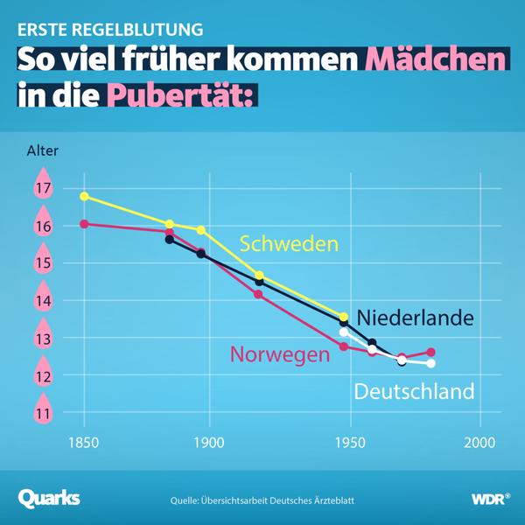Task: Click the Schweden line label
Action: (x=289, y=243)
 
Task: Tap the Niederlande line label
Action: (x=416, y=317)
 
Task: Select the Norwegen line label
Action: (x=280, y=353)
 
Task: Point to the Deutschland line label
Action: (x=414, y=391)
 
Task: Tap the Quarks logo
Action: (x=49, y=498)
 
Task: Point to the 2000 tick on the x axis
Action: (x=479, y=444)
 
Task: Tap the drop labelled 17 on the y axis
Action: (x=42, y=188)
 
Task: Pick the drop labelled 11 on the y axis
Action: (x=42, y=412)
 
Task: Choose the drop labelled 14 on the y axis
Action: (x=42, y=300)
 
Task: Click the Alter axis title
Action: (x=43, y=151)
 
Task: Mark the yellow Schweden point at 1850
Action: (x=84, y=196)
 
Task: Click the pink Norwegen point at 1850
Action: (x=84, y=224)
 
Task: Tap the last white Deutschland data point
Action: (x=430, y=363)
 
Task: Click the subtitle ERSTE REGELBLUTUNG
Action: (x=110, y=29)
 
